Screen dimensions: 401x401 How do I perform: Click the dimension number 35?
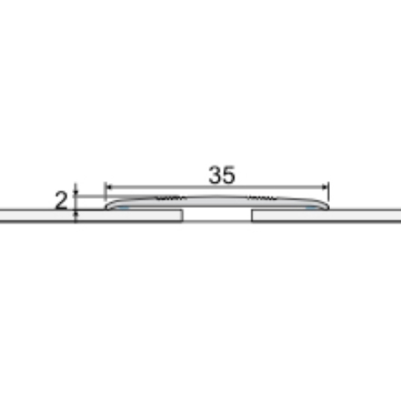[x=222, y=175]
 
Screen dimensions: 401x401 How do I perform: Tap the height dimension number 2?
[x=61, y=200]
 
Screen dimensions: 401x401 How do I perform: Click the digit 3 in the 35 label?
[x=216, y=175]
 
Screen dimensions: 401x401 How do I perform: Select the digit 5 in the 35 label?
[x=229, y=175]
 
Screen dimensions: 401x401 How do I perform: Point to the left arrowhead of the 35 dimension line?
[x=109, y=187]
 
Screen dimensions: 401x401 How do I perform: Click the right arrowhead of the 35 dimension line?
[x=325, y=187]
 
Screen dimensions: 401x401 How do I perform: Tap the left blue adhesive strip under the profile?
[x=124, y=208]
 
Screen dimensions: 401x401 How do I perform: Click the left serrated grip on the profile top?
[x=170, y=198]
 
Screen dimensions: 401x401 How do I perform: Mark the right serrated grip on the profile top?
[x=262, y=198]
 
